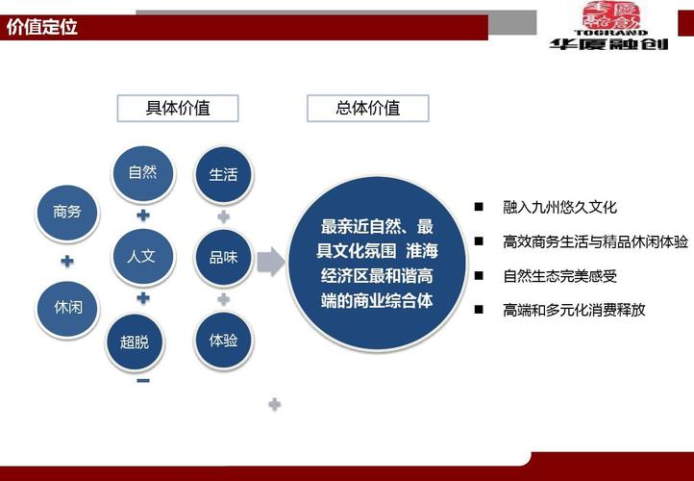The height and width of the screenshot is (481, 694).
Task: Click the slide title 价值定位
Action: click(42, 27)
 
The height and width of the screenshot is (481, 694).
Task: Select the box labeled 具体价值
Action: click(178, 108)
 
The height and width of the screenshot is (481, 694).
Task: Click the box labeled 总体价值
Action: click(368, 108)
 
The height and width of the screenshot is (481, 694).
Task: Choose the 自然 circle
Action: click(142, 173)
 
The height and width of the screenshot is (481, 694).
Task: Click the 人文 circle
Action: click(141, 257)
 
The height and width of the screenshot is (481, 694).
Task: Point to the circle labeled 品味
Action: click(223, 258)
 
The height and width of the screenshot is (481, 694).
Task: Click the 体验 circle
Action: click(223, 339)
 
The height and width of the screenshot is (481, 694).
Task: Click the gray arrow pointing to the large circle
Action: click(272, 261)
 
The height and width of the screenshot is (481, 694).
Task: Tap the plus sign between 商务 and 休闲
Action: click(66, 261)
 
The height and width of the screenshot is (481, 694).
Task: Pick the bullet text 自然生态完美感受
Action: click(559, 276)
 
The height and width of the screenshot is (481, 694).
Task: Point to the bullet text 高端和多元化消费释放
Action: click(574, 310)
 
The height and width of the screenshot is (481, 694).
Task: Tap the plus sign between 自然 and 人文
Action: click(142, 214)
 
